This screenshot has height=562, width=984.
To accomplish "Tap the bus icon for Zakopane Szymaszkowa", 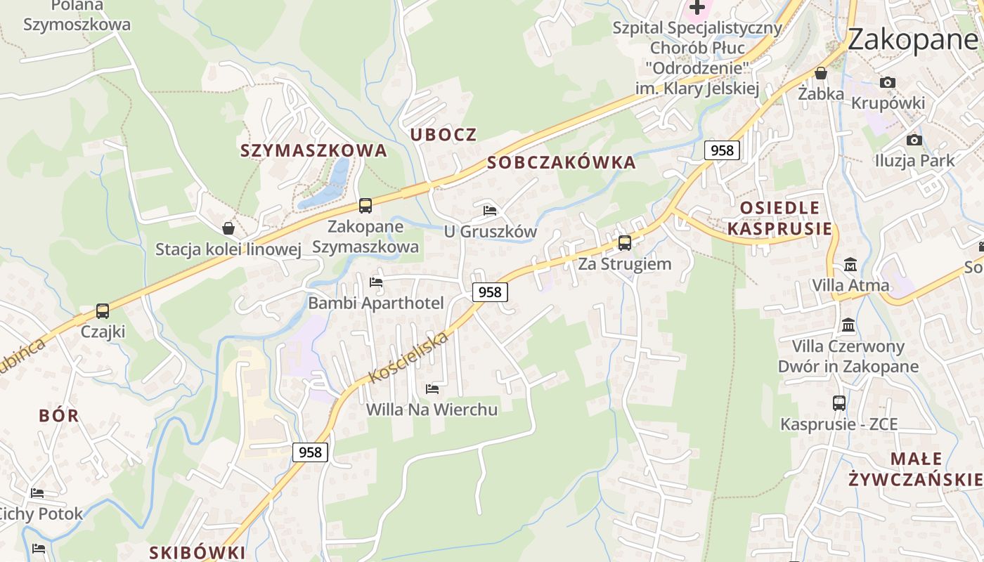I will coord(365,206).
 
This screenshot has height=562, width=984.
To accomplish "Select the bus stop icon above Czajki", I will coord(103,311).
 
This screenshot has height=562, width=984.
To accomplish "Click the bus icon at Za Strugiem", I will coord(624,243).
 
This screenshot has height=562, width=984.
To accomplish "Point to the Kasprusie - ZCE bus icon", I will coord(839,403).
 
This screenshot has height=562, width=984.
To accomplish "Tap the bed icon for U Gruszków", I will coord(490,210).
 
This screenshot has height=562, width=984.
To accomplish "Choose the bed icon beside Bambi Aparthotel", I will coord(376,282).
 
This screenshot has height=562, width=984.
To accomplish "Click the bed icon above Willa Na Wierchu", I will coord(432,388).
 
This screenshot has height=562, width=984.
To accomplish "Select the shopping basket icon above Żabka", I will coord(820,73).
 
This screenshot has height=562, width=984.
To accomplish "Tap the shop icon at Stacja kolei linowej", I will coord(228,228).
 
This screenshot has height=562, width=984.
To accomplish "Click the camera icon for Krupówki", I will coord(888,82).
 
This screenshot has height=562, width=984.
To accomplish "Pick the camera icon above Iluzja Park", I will coord(914,140).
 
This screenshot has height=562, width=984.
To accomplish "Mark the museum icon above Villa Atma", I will coord(850,265).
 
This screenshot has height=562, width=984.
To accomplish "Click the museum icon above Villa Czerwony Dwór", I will coord(848,325).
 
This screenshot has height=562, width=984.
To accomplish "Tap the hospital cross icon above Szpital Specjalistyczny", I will coord(697,8).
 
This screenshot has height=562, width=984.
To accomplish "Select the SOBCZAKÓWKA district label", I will coord(562,163).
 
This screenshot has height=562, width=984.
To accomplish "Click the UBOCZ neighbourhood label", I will coord(444,134).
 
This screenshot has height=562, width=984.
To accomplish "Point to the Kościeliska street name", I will coord(408,358).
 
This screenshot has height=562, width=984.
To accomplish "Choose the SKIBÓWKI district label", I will coord(198,552).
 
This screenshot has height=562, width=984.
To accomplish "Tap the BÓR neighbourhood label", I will coord(59,415).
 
